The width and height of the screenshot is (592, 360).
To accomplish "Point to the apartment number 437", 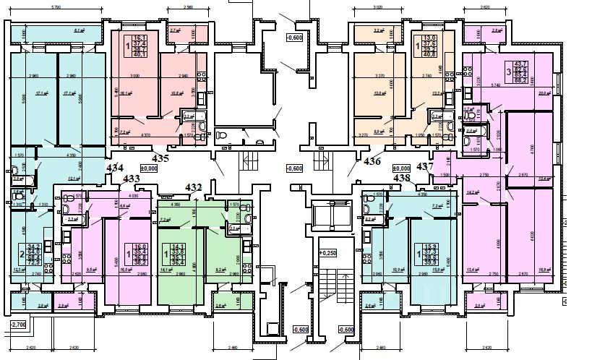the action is tap(426, 166).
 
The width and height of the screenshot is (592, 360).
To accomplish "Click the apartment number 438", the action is tap(402, 177).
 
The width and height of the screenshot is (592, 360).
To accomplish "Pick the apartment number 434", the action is tap(114, 168).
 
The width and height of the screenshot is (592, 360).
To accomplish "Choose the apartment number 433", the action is tap(132, 178).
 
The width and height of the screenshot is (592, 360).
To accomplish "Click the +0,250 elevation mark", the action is tap(328, 253).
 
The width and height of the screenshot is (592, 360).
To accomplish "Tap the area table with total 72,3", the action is tap(33, 254).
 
